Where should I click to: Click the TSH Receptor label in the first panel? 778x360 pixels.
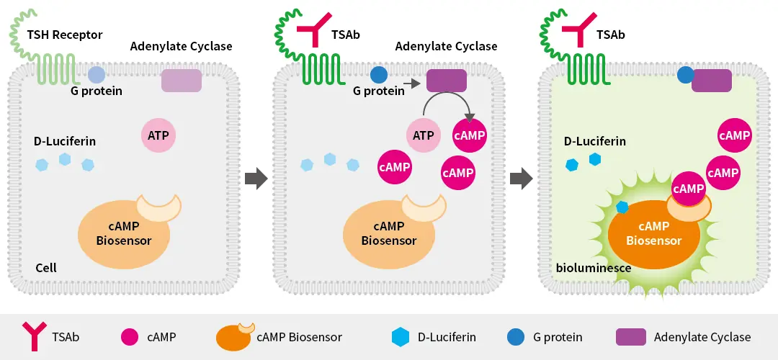tap(65, 35)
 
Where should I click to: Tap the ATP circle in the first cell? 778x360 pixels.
tap(158, 134)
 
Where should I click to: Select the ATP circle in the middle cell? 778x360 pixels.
tap(424, 134)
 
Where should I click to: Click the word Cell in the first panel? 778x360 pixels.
tap(46, 268)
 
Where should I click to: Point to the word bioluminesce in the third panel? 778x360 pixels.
tap(594, 268)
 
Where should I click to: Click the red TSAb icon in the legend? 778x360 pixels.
tap(32, 336)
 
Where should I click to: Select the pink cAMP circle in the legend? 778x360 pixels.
tap(130, 336)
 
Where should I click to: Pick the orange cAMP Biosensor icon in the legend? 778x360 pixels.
tap(234, 337)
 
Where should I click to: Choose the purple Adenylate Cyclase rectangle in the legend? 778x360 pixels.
tap(630, 336)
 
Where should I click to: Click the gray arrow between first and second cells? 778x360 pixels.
tap(256, 178)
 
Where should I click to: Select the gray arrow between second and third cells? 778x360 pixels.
tap(521, 178)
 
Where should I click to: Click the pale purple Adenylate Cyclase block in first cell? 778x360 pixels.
tap(182, 81)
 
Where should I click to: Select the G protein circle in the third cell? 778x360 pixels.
tap(685, 74)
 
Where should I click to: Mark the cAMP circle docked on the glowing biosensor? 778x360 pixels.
tap(688, 188)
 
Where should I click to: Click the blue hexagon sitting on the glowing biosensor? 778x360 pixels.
tap(622, 207)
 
